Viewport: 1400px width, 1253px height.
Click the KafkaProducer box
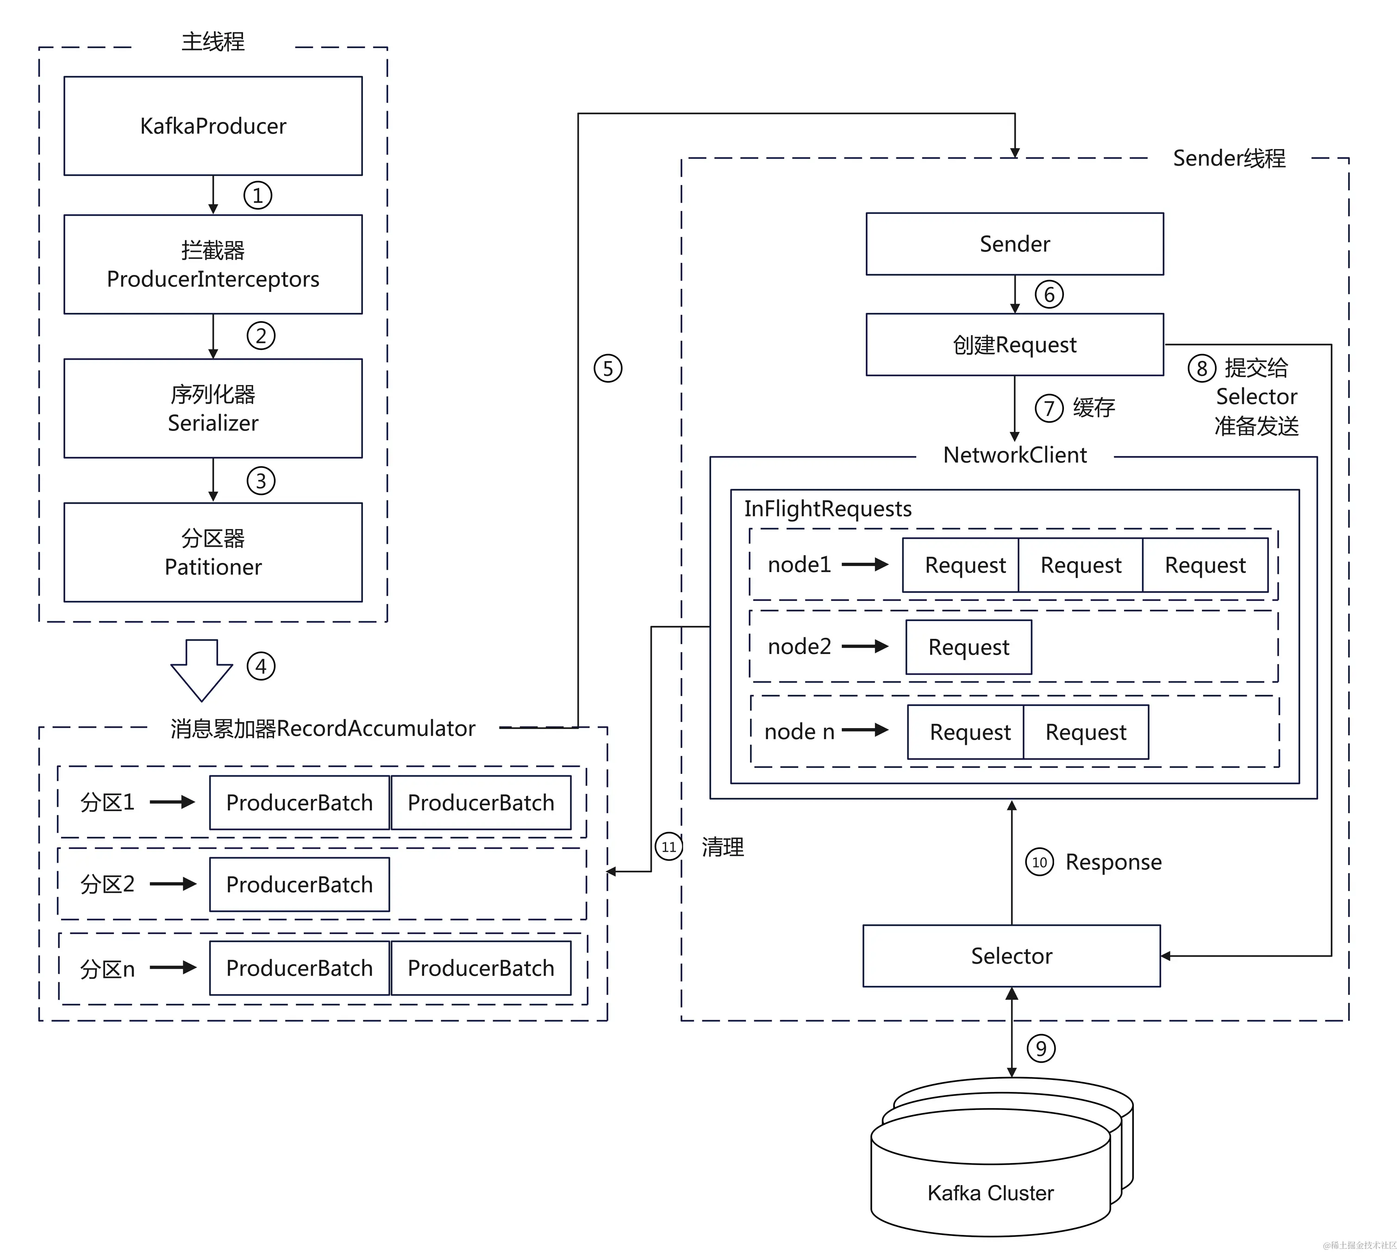coord(213,126)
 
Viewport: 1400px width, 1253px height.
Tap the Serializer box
coord(213,408)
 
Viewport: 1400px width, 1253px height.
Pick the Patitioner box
coord(213,552)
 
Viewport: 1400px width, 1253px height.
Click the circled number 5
coord(608,368)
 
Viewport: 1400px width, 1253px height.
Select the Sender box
coord(1014,244)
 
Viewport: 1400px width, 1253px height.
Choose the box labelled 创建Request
coord(1014,344)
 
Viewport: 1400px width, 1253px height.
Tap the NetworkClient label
coord(1014,455)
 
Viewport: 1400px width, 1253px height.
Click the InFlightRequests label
coord(828,509)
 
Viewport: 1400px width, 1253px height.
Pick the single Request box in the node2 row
coord(968,647)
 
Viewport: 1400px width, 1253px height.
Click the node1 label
coord(799,565)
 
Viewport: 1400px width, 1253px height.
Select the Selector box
coord(1011,955)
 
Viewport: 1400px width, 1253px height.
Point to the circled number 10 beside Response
coord(1039,862)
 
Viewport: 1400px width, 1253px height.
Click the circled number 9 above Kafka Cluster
coord(1041,1048)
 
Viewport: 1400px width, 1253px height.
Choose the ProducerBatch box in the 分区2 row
coord(300,885)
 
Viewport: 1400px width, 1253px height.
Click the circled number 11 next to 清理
coord(668,847)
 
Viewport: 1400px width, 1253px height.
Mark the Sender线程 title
coord(1229,158)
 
